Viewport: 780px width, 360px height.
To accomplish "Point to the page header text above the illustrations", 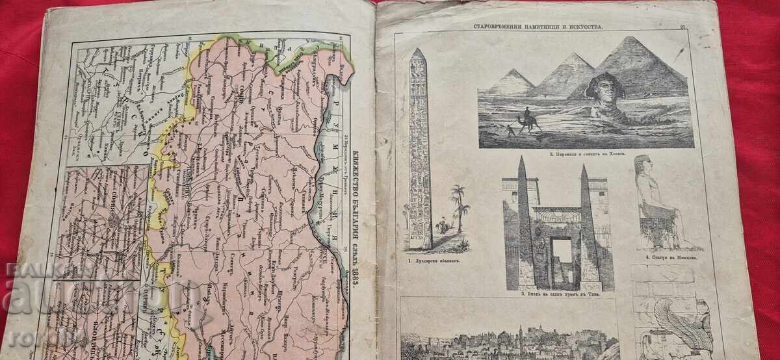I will click(x=546, y=27).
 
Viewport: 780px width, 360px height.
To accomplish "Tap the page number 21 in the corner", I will click(x=682, y=27).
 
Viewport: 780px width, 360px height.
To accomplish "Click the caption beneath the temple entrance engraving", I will click(x=559, y=294).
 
